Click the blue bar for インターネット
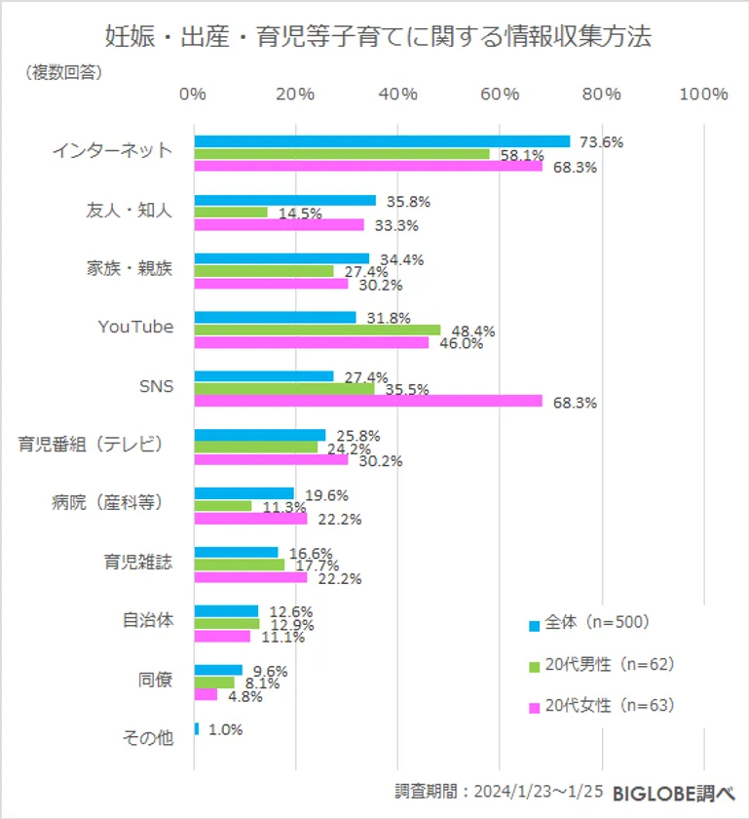(382, 141)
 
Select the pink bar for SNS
(368, 400)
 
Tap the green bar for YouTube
(317, 330)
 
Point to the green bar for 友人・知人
(231, 212)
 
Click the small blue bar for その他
(197, 728)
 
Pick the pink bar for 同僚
(206, 694)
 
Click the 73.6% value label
(601, 142)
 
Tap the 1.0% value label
(224, 729)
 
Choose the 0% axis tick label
(194, 94)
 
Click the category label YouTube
(135, 327)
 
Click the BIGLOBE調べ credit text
(673, 795)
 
